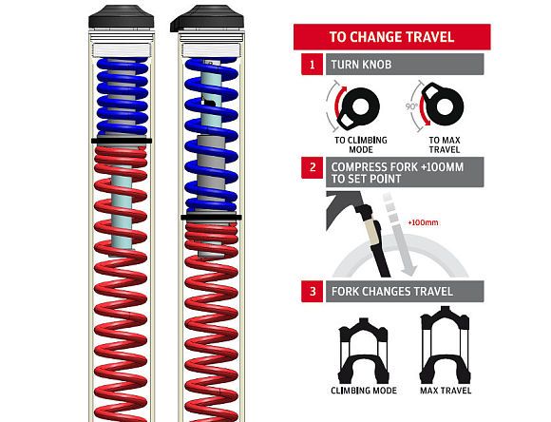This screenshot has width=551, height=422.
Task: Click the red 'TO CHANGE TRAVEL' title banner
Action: point(391,37)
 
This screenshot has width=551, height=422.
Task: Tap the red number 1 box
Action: point(312,65)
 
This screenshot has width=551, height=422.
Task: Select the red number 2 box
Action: point(312,167)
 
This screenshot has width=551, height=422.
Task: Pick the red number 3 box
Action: point(312,291)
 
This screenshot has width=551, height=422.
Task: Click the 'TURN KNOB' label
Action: point(361,65)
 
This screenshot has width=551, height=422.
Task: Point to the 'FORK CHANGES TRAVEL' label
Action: point(391,292)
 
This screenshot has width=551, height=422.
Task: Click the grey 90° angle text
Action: point(411,106)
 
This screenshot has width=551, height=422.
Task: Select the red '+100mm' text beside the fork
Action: point(423,222)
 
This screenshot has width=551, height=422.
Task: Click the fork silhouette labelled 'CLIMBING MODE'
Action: point(363,351)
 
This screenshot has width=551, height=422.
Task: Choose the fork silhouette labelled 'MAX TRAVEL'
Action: point(445,345)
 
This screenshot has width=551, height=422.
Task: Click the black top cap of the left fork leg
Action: point(122,17)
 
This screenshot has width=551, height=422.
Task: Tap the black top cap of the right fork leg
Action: point(207,18)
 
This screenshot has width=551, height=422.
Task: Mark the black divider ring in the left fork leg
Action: point(122,141)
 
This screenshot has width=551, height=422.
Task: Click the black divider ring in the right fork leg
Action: point(211,218)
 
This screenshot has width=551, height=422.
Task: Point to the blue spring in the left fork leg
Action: point(122,97)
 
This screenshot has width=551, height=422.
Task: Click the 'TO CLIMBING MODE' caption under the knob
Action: point(361,144)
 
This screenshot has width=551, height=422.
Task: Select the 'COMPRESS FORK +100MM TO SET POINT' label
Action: point(397,173)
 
